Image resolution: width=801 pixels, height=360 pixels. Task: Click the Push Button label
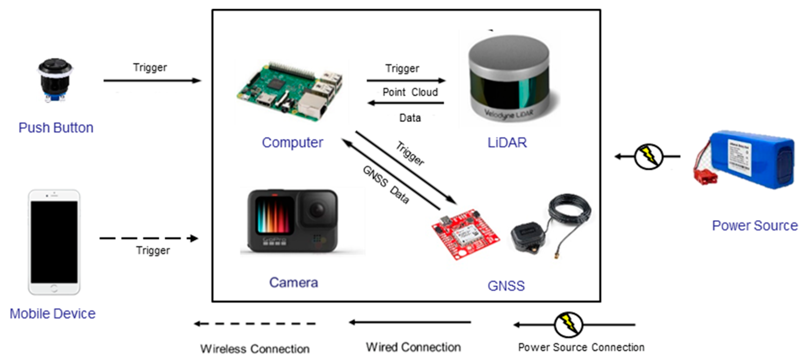[x=56, y=128]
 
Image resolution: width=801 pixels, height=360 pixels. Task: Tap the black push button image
[x=55, y=79]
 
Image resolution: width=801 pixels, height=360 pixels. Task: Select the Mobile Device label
[x=53, y=313]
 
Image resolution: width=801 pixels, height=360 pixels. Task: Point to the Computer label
[x=292, y=143]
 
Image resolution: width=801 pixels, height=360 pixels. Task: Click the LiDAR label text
[x=507, y=143]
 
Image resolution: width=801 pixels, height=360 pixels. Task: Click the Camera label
[x=293, y=282]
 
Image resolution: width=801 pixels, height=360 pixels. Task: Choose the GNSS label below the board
[x=506, y=286]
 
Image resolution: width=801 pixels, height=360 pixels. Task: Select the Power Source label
[x=755, y=225]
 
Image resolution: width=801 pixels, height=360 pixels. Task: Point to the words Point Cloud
[x=410, y=92]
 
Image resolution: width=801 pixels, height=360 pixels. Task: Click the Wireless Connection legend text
[x=255, y=349]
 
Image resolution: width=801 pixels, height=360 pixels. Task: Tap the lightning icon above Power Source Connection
[x=568, y=325]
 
